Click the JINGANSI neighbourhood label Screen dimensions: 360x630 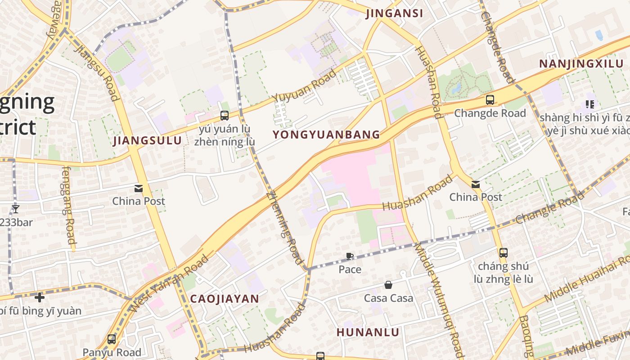[x=395, y=13]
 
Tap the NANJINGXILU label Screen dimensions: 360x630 [x=581, y=63]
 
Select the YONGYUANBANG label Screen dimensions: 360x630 [x=326, y=135]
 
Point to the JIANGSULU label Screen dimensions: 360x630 [x=148, y=141]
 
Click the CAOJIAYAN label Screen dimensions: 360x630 [x=225, y=299]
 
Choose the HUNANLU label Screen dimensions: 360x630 [x=368, y=333]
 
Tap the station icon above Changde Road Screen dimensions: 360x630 [x=490, y=100]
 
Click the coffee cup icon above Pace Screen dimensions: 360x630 [x=350, y=256]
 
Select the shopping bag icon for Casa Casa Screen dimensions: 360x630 [x=388, y=285]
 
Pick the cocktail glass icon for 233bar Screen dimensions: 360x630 [x=16, y=209]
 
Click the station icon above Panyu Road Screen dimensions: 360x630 [x=112, y=339]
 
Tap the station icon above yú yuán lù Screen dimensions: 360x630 [x=225, y=116]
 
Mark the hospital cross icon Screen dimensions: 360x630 [x=40, y=297]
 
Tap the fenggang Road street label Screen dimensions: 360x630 [x=69, y=206]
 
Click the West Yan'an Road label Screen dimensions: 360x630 [x=170, y=283]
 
